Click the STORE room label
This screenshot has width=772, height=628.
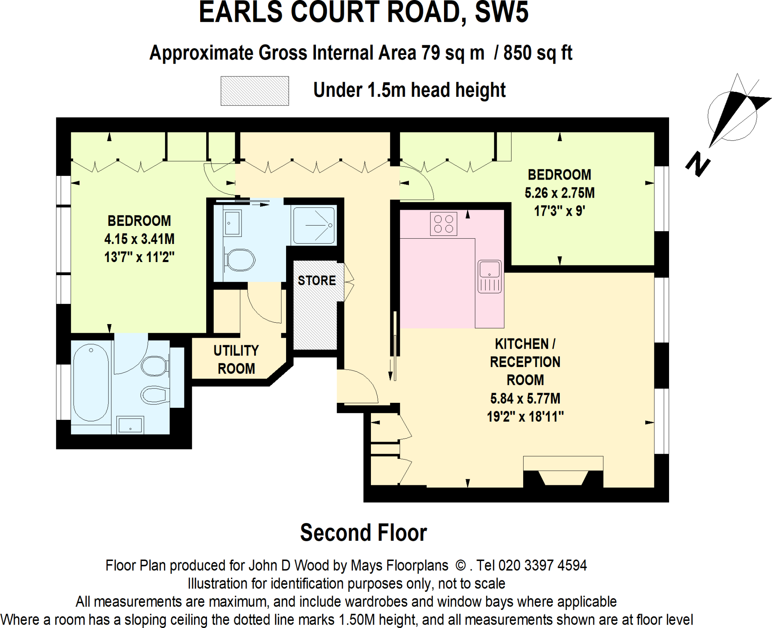317,280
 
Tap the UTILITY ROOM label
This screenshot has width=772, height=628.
236,360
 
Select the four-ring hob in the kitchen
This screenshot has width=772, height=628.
443,224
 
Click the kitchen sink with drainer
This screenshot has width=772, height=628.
489,277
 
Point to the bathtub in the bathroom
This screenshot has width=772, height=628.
91,383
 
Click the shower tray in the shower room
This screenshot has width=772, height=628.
314,225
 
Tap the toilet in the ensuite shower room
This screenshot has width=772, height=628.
240,260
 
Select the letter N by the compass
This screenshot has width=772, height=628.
697,164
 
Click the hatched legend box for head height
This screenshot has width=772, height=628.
254,91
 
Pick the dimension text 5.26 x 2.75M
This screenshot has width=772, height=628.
559,193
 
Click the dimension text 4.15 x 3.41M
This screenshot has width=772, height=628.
139,239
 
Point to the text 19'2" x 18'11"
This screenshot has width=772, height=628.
525,417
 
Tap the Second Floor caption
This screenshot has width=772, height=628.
363,533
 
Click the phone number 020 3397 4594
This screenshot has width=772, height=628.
542,566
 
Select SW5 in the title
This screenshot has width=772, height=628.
501,13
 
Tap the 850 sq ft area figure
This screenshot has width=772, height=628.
538,53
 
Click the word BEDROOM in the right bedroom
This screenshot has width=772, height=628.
559,175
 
